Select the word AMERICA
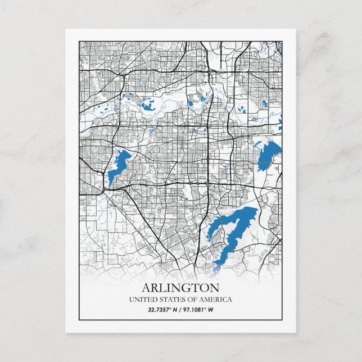point(216,300)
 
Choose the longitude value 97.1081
point(193,310)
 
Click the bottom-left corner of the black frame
point(79,320)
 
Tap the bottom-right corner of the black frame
point(282,320)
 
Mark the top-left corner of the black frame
point(79,40)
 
